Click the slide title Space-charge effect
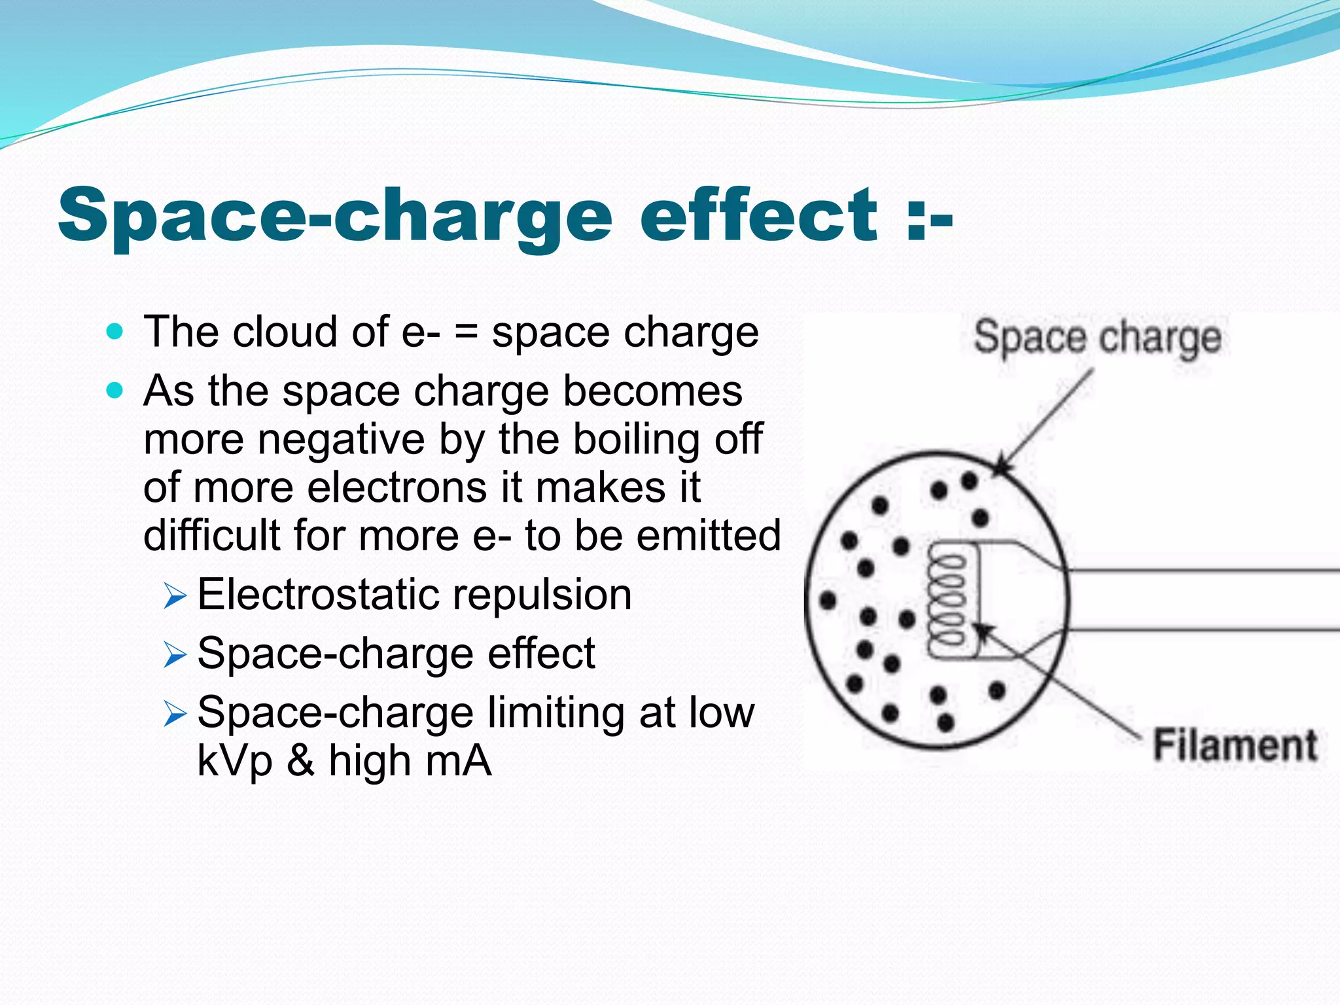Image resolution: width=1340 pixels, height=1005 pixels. pyautogui.click(x=504, y=216)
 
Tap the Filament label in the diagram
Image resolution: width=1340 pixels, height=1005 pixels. pyautogui.click(x=1235, y=745)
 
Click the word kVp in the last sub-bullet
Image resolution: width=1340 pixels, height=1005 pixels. pyautogui.click(x=235, y=761)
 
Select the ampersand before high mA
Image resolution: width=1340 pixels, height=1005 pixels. pyautogui.click(x=300, y=761)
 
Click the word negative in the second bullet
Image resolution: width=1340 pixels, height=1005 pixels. pyautogui.click(x=341, y=439)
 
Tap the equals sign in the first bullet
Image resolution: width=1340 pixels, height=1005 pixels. pyautogui.click(x=467, y=333)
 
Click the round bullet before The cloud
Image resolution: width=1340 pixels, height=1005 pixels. pyautogui.click(x=115, y=332)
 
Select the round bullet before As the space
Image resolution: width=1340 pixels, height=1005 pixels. pyautogui.click(x=115, y=391)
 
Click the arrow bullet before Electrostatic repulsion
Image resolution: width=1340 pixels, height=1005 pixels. pyautogui.click(x=175, y=596)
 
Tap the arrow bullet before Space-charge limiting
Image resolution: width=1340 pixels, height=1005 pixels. pyautogui.click(x=175, y=713)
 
